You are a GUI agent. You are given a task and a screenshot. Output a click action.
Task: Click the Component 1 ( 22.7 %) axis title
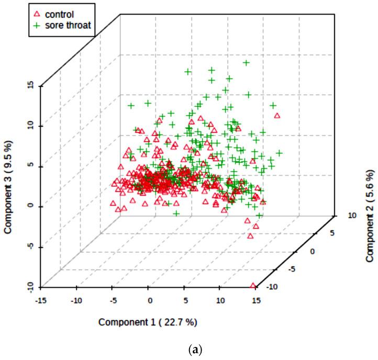pos(148,321)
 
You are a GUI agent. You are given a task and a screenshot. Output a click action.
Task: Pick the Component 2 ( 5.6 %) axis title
pos(370,216)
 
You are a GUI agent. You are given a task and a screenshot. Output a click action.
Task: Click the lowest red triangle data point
pos(254,286)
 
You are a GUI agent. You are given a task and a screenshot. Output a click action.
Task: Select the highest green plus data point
pos(245,63)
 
